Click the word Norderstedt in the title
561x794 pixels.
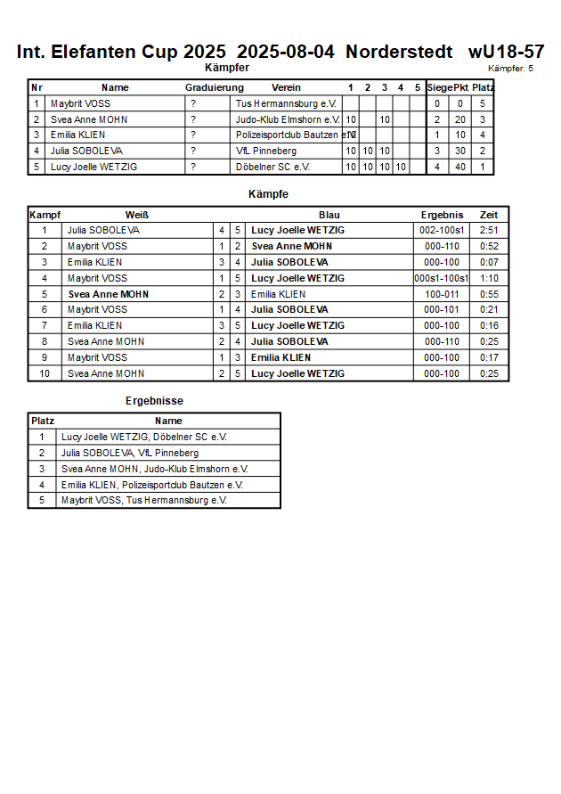(x=402, y=52)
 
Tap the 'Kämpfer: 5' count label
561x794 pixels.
(x=511, y=68)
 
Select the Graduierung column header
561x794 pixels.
(x=214, y=87)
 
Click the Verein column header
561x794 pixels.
(x=286, y=87)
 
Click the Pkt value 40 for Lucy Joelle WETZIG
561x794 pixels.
(x=460, y=167)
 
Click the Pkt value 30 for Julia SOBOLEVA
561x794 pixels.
(x=460, y=151)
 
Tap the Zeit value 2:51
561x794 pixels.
(x=489, y=230)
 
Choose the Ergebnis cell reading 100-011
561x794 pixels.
(x=442, y=294)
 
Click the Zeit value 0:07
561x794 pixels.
(x=489, y=262)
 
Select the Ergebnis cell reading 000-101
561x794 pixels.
(x=442, y=309)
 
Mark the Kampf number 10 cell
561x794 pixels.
(x=45, y=373)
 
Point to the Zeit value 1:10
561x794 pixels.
(x=489, y=278)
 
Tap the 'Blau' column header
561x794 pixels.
(x=329, y=215)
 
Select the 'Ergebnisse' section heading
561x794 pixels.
(x=154, y=401)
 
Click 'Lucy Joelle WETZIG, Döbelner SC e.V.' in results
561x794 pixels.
(x=144, y=437)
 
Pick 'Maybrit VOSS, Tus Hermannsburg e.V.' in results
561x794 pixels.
(x=144, y=500)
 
